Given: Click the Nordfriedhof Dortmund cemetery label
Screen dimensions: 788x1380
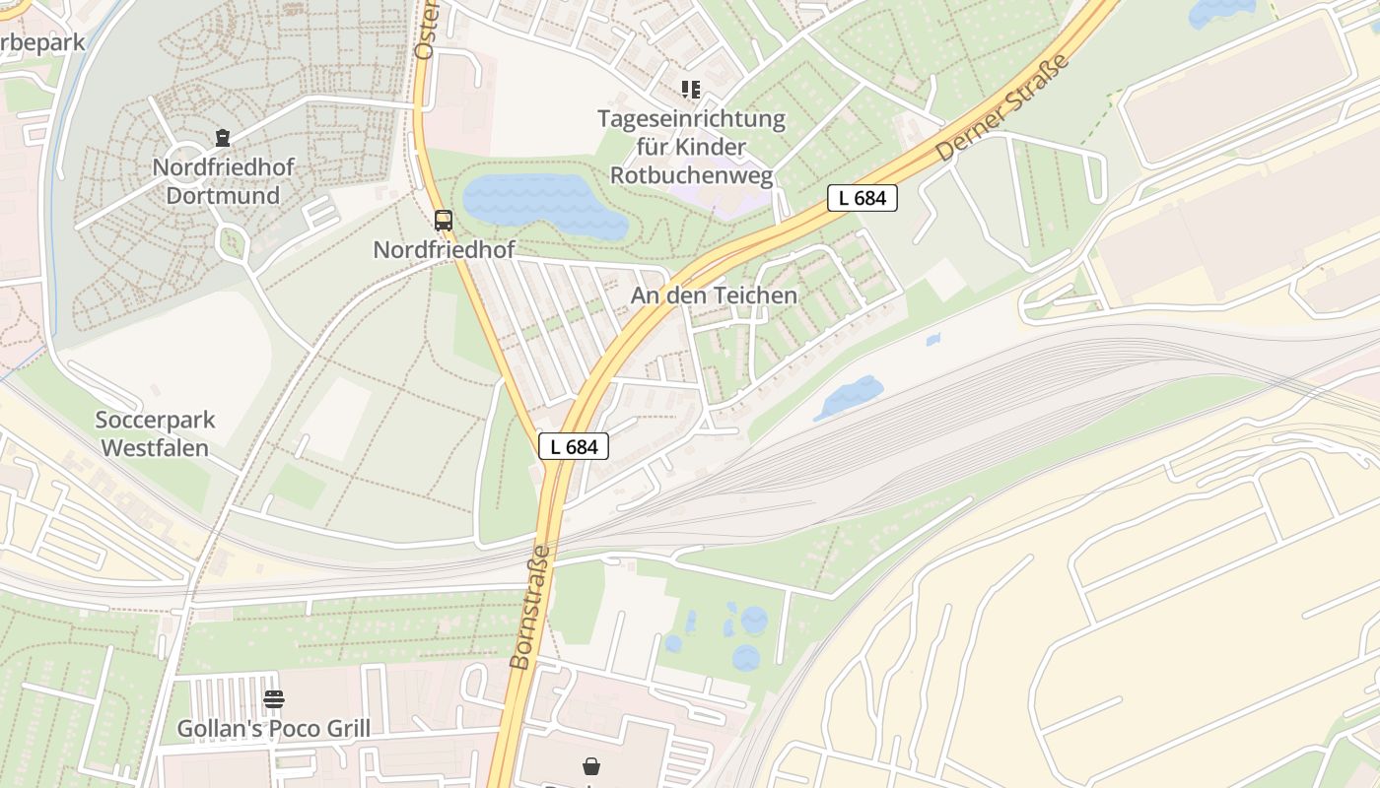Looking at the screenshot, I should click(x=223, y=181).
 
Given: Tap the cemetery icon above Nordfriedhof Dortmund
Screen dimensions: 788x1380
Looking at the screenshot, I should click(x=223, y=138).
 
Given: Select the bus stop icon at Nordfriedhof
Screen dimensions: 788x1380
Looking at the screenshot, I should click(x=444, y=221).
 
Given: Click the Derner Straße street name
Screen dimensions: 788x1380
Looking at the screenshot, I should click(x=1002, y=108).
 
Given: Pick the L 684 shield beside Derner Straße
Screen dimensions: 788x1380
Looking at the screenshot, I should click(x=862, y=198).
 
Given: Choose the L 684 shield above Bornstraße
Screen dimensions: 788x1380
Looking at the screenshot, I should click(x=574, y=446).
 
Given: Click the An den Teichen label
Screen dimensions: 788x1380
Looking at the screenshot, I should click(x=715, y=295).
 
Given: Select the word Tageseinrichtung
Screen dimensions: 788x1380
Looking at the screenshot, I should click(x=691, y=120).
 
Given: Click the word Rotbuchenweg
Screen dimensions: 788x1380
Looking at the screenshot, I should click(x=692, y=175).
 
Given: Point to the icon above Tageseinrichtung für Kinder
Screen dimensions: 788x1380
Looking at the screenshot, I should click(x=691, y=90).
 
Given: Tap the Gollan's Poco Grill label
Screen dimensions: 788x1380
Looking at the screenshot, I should click(x=274, y=729).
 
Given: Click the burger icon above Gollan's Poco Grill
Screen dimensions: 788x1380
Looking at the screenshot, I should click(x=274, y=699).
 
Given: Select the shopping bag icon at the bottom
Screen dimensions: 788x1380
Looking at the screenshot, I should click(x=591, y=765).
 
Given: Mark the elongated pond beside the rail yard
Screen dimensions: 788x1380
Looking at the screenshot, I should click(x=848, y=397).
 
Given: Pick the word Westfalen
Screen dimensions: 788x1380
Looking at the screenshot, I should click(x=156, y=448).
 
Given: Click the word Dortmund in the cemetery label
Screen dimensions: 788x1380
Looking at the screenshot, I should click(x=223, y=195).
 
